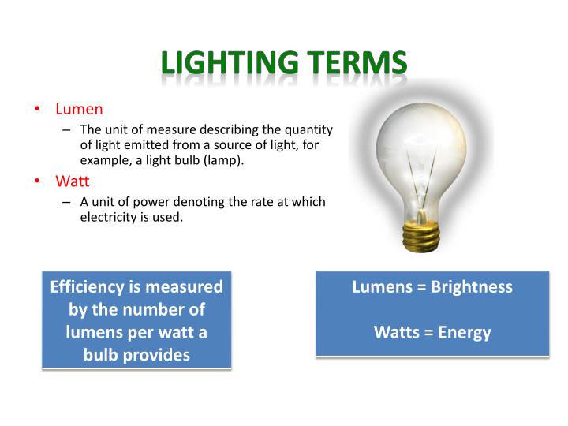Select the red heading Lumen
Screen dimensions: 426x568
pos(79,109)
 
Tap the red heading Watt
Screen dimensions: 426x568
pos(72,181)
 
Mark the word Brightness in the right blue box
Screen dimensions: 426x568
pos(472,286)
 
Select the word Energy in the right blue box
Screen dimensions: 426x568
pos(465,332)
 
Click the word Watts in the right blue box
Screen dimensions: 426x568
pos(397,332)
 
